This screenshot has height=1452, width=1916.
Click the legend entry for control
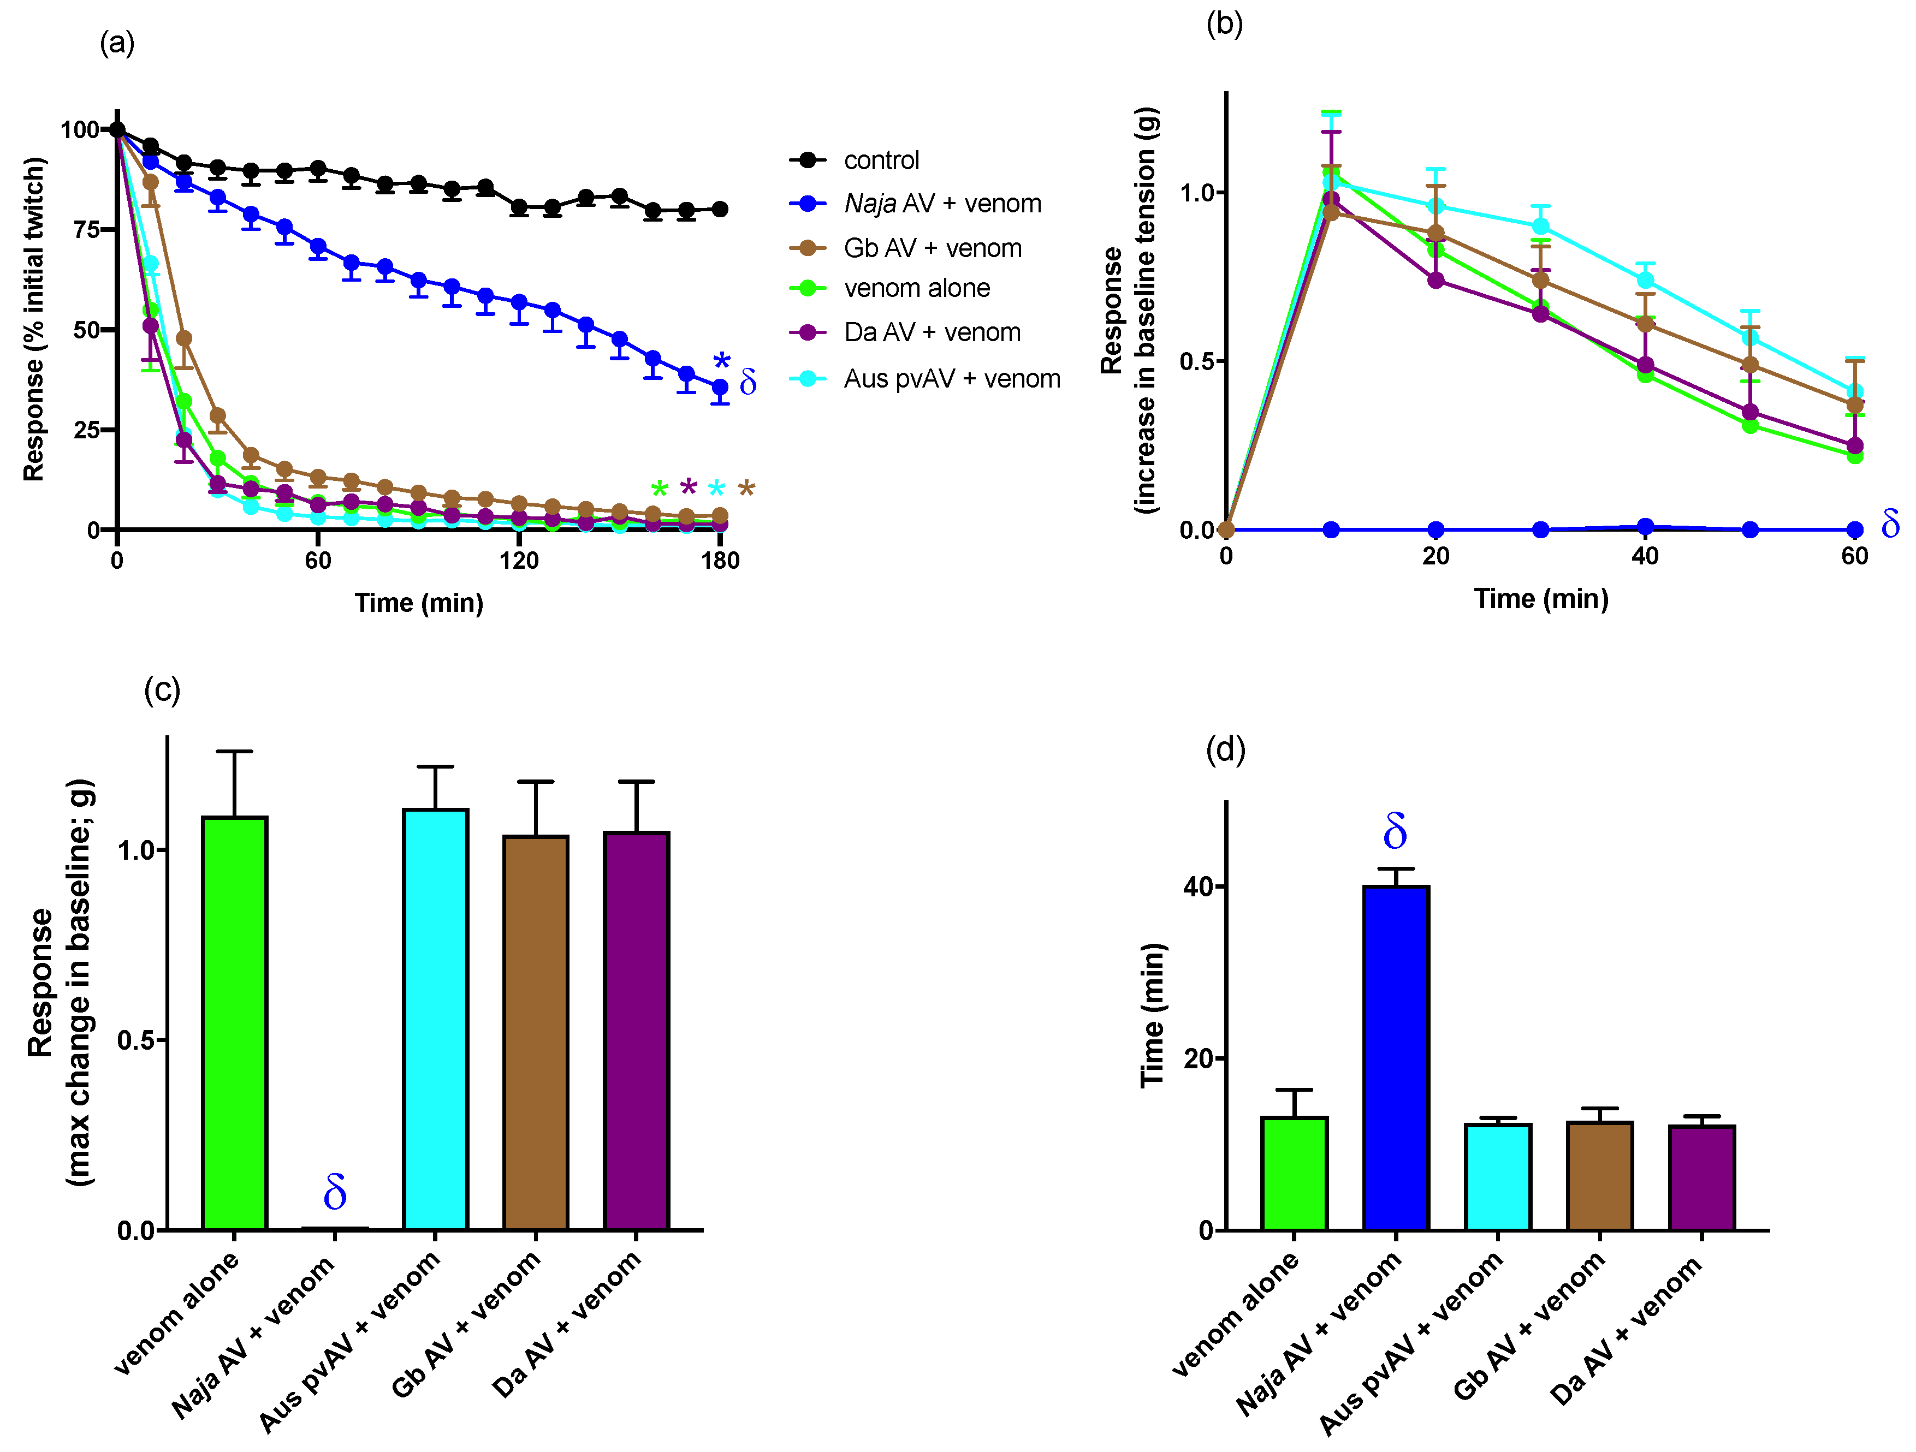pyautogui.click(x=880, y=160)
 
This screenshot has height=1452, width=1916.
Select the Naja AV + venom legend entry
pyautogui.click(x=941, y=204)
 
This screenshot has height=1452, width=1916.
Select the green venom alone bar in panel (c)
pyautogui.click(x=234, y=1022)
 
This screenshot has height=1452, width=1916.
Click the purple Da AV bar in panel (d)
pyautogui.click(x=1701, y=1177)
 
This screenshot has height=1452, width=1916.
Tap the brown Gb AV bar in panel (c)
pyautogui.click(x=535, y=1031)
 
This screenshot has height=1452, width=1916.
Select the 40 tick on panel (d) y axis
pyautogui.click(x=1199, y=886)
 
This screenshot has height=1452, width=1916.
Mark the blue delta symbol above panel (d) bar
pyautogui.click(x=1395, y=832)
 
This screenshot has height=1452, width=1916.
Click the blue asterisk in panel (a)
pyautogui.click(x=721, y=361)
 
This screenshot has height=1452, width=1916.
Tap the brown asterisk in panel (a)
pyautogui.click(x=746, y=489)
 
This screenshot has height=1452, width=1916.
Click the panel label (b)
pyautogui.click(x=1224, y=23)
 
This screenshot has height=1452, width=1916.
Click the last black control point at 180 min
pyautogui.click(x=719, y=209)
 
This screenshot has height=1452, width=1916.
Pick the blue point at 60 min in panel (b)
pyautogui.click(x=1854, y=529)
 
